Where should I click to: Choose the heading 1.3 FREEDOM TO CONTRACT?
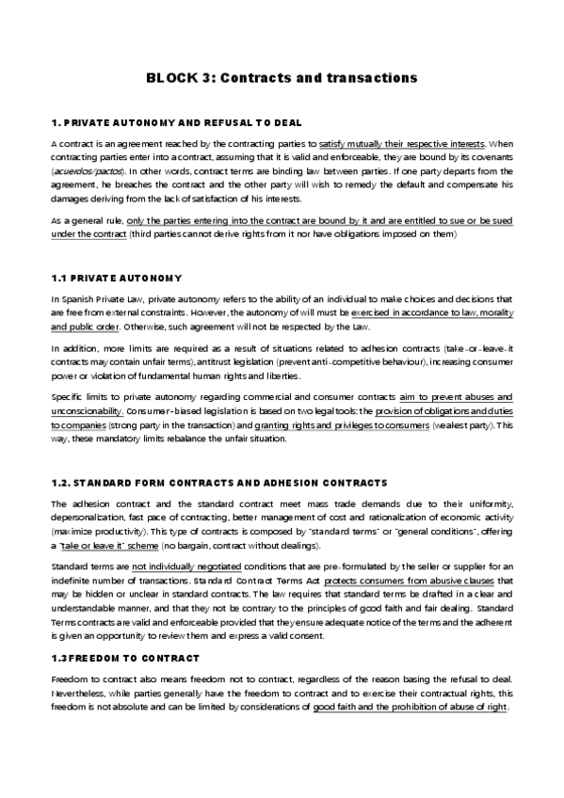[x=125, y=657]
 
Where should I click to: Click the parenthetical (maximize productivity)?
[x=92, y=532]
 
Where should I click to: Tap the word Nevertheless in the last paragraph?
[x=80, y=693]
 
